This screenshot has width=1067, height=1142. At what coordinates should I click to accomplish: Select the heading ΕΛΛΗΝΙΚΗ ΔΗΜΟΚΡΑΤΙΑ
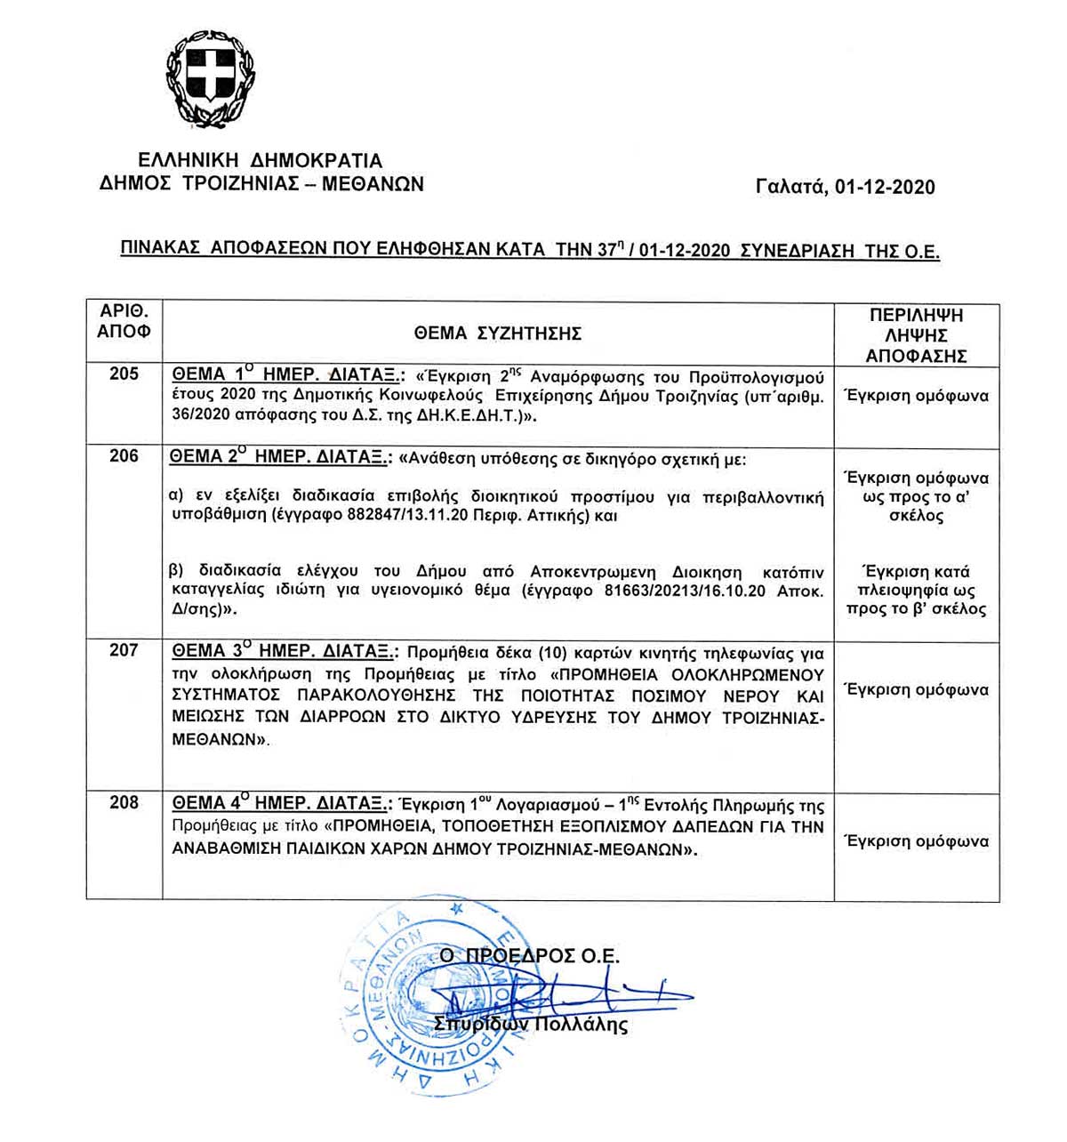point(261,161)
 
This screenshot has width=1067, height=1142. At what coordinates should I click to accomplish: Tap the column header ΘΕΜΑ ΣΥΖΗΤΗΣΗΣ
point(497,334)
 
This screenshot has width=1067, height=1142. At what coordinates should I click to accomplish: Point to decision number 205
point(124,374)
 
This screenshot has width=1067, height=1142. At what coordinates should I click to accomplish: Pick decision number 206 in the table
point(124,456)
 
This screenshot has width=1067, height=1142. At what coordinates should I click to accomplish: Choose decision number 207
point(124,650)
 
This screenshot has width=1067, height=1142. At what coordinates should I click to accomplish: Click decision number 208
point(124,802)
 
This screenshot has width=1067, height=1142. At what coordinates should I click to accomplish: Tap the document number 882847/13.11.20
point(374,516)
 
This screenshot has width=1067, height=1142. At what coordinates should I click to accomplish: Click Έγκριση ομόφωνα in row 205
point(916,396)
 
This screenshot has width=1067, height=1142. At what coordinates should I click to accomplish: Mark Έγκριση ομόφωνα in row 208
point(916,840)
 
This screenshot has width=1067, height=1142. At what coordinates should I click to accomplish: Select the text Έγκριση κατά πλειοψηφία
point(916,581)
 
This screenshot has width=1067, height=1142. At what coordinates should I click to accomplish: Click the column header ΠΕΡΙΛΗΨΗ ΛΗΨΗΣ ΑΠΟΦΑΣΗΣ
point(916,335)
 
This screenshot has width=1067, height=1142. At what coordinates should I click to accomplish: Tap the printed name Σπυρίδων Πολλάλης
point(531,1025)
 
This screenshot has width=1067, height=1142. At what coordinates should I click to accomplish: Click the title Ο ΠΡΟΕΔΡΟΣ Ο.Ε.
point(530,956)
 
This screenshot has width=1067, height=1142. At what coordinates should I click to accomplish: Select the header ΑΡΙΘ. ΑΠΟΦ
point(124,321)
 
